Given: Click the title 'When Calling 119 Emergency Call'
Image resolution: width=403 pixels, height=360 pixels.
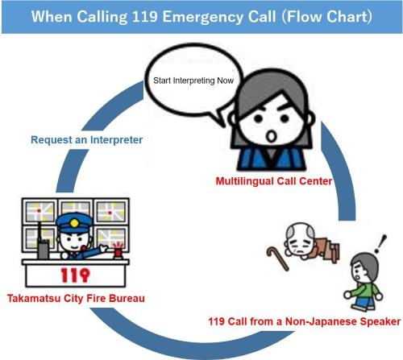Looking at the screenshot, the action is pos(154,17).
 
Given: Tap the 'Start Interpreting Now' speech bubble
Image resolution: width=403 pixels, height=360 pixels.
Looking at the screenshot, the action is pos(193,81).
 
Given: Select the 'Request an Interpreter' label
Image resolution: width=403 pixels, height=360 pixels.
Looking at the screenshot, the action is pos(87,140).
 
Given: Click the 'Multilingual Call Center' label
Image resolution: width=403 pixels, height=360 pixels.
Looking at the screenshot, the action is pos(274,181).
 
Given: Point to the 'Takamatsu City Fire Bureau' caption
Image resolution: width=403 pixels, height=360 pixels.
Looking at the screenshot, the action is pos(76,298).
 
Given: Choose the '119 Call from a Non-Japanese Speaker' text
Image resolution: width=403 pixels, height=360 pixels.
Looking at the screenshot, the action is pos(305,321).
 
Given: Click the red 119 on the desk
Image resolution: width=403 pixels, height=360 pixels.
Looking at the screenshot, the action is pos(75,275).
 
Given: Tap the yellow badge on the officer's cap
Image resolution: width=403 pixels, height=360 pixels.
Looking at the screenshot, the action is pos(74,222).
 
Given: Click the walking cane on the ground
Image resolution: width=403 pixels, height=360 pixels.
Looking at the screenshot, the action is pos(277,259).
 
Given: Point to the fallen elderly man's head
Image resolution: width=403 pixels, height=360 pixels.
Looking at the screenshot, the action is pos(299,239).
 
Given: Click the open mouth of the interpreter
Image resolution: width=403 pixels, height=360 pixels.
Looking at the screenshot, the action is pos(272,136).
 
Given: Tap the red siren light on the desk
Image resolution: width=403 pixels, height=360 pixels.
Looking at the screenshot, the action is pos(118,250).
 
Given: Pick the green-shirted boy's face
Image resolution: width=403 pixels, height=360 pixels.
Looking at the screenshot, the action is pos(359,272).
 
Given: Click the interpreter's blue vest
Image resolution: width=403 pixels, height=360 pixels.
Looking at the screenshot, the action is pos(272,159).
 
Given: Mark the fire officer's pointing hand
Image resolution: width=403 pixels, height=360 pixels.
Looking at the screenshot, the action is pos(103,249).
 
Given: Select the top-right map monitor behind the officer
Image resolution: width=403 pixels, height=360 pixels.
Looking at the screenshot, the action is pos(111,211).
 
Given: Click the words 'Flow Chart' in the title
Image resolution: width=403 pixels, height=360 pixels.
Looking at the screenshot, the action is pos(327,17).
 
